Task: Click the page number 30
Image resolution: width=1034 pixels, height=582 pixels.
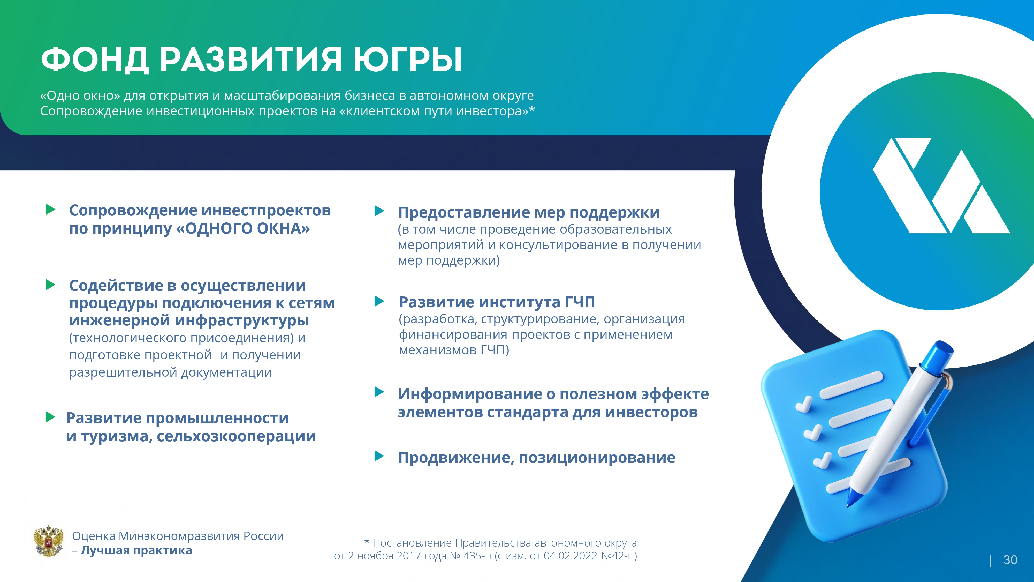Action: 1010,560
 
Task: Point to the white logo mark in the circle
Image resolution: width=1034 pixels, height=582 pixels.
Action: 941,185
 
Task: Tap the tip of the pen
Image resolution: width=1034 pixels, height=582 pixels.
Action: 849,505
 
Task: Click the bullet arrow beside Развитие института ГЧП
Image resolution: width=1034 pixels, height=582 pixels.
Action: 379,301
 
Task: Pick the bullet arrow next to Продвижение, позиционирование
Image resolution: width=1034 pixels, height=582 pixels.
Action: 379,456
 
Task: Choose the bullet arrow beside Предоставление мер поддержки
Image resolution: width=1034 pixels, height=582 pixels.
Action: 379,211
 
